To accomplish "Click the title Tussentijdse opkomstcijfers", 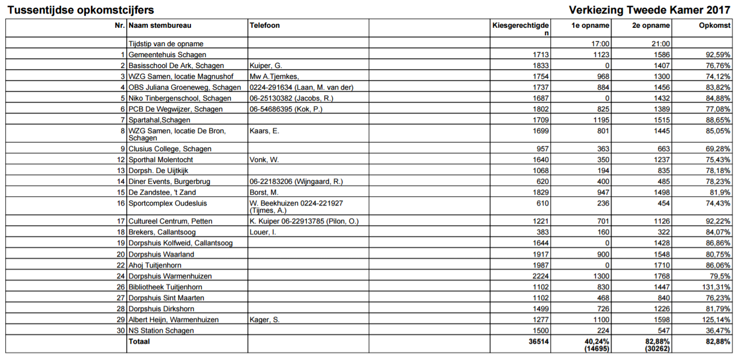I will (x=80, y=10).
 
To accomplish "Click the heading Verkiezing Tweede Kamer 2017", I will (x=650, y=10).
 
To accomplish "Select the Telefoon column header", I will (x=265, y=26).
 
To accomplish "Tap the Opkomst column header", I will (x=715, y=26).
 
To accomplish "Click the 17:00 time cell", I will (x=600, y=44).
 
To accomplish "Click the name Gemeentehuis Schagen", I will (x=167, y=55).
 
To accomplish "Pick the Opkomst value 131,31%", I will (x=716, y=287).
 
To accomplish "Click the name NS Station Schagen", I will (x=161, y=331).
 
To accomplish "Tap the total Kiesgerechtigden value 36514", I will (x=539, y=342).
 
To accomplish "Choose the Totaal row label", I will (x=139, y=342).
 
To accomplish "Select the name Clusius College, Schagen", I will (x=170, y=149).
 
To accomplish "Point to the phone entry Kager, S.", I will (x=264, y=320).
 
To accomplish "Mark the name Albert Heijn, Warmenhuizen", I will (x=173, y=320).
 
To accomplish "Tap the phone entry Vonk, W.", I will (x=263, y=160).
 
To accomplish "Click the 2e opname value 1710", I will (x=662, y=265).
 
